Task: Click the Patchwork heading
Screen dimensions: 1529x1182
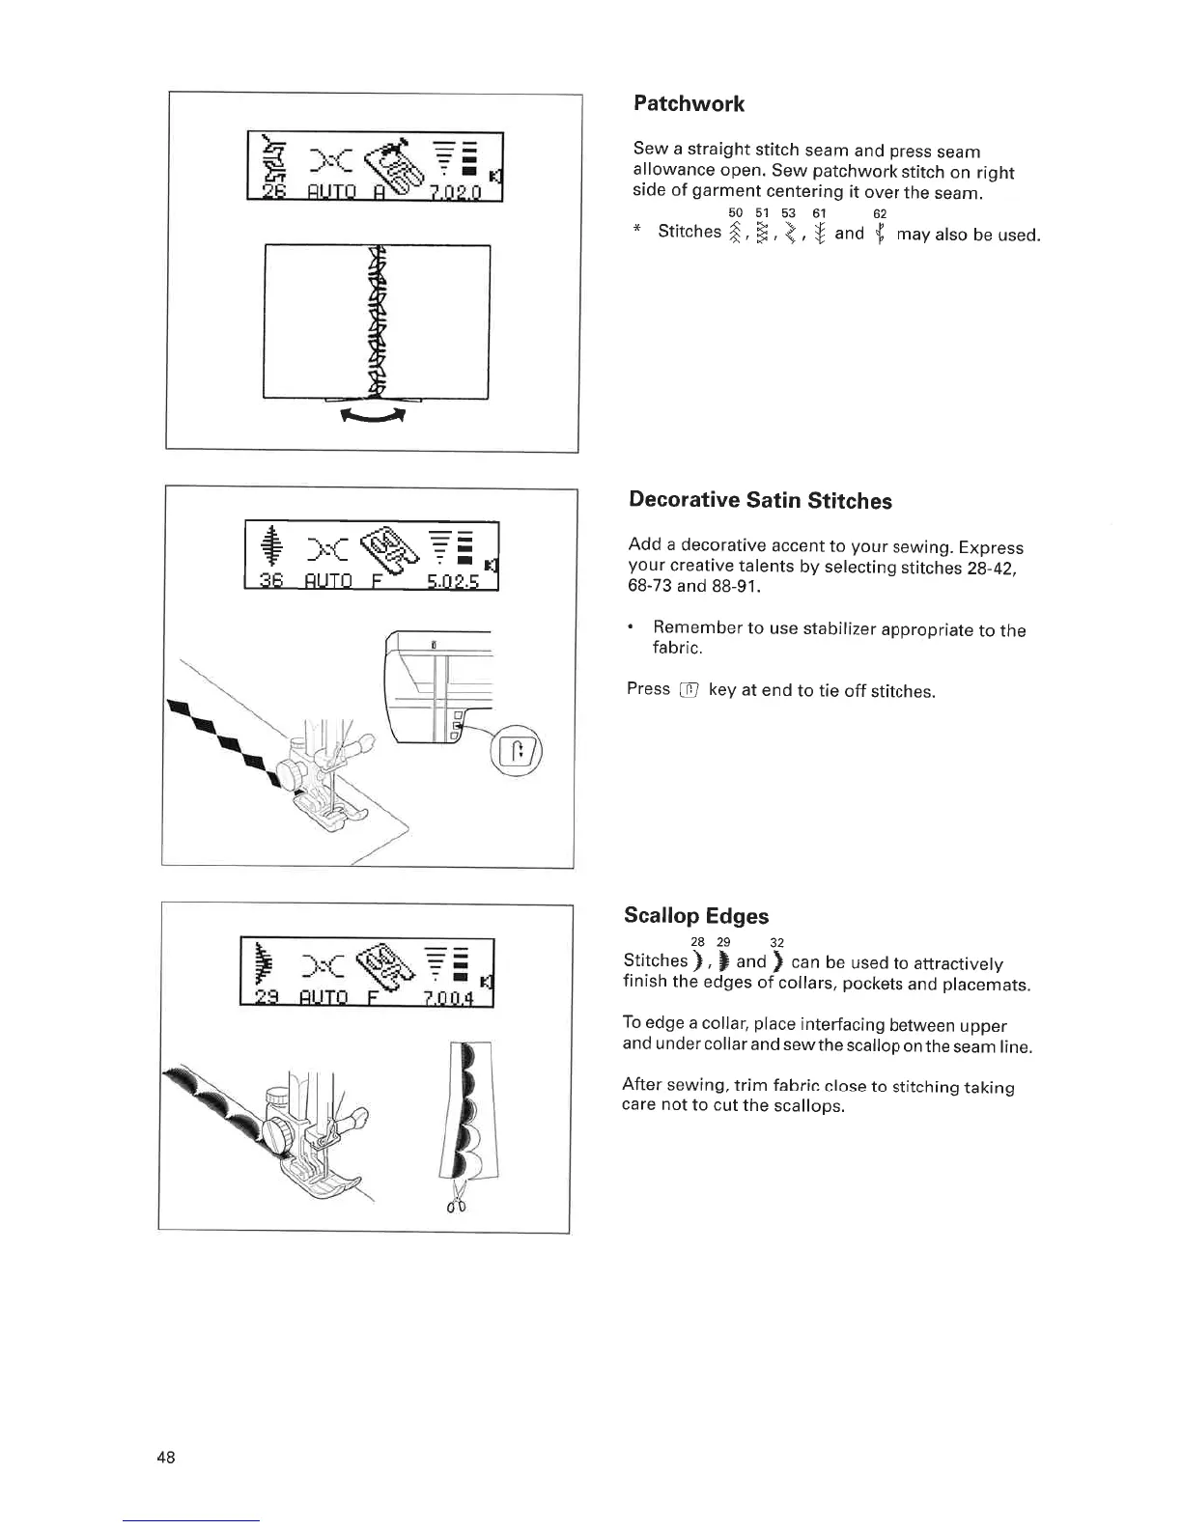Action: pos(689,103)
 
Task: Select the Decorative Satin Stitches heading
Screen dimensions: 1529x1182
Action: pos(760,500)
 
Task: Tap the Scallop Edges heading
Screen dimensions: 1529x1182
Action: pos(696,915)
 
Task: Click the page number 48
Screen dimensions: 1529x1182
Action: pos(166,1458)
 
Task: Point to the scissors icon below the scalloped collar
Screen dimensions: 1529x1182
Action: pos(456,1198)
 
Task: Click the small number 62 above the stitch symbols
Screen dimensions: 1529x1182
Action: pos(880,213)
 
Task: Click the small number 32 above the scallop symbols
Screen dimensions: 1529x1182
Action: pos(777,942)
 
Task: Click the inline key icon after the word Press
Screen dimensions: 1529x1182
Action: pos(689,689)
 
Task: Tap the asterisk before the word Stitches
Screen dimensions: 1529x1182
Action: pos(637,233)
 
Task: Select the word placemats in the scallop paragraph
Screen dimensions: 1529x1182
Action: pos(986,985)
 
